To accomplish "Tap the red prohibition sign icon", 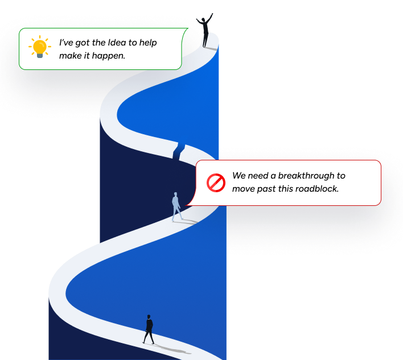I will pos(216,183).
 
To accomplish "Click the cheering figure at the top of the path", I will pos(206,32).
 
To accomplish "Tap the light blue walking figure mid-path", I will pos(176,206).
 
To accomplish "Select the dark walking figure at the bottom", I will pos(149,329).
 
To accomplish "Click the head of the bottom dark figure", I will pos(149,317).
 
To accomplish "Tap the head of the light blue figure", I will pos(176,195).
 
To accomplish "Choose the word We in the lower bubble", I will pos(239,176).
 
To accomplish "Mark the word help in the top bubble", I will pos(147,43).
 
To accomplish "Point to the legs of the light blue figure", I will pos(177,214).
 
